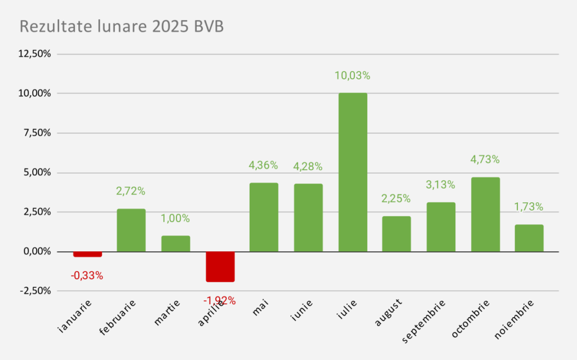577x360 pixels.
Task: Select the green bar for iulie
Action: pos(353,172)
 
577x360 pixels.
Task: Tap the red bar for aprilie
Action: pos(220,266)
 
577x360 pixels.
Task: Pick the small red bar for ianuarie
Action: pos(87,254)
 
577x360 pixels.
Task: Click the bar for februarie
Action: pos(131,230)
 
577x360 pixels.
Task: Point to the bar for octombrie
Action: pos(485,214)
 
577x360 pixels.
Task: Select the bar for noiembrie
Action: pos(529,238)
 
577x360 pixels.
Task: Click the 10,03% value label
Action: pos(353,76)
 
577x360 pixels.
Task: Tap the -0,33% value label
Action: pos(87,276)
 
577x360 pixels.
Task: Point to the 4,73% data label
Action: pos(485,159)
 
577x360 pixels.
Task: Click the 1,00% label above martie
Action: pos(175,219)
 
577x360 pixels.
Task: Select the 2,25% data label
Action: pos(396,199)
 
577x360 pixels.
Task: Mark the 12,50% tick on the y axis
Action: pos(35,54)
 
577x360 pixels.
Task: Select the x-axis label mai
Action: pos(261,308)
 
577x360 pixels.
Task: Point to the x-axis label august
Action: pos(388,313)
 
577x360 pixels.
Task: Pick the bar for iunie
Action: pos(308,217)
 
